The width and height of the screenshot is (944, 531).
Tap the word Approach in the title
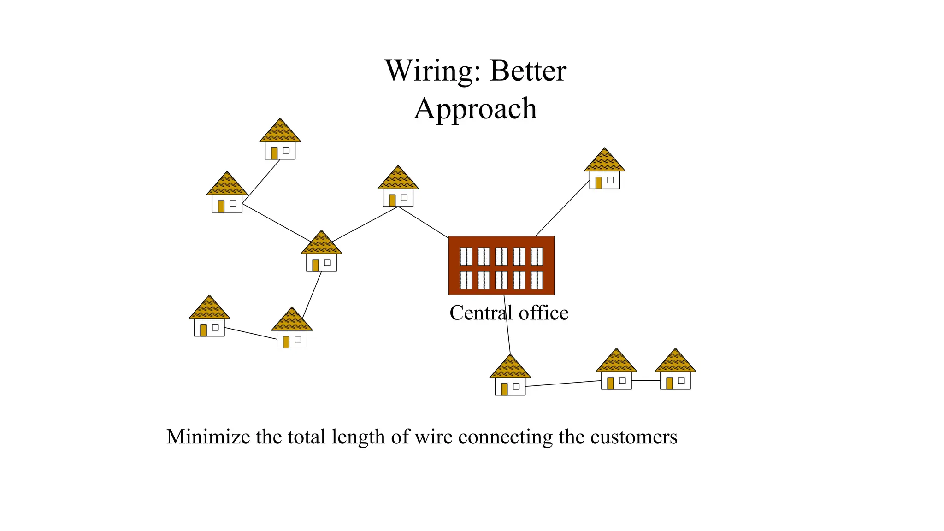[x=475, y=109]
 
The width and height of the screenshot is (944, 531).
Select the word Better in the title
[x=528, y=71]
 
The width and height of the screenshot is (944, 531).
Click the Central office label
[x=509, y=313]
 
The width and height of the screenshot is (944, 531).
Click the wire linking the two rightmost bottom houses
[x=645, y=381]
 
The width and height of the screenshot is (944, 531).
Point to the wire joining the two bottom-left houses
[x=250, y=333]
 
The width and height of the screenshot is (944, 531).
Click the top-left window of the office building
[x=466, y=256]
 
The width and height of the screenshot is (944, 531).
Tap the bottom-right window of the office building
[x=537, y=280]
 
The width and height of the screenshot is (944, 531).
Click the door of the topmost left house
[x=274, y=153]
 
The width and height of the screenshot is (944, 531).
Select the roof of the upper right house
[x=604, y=161]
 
